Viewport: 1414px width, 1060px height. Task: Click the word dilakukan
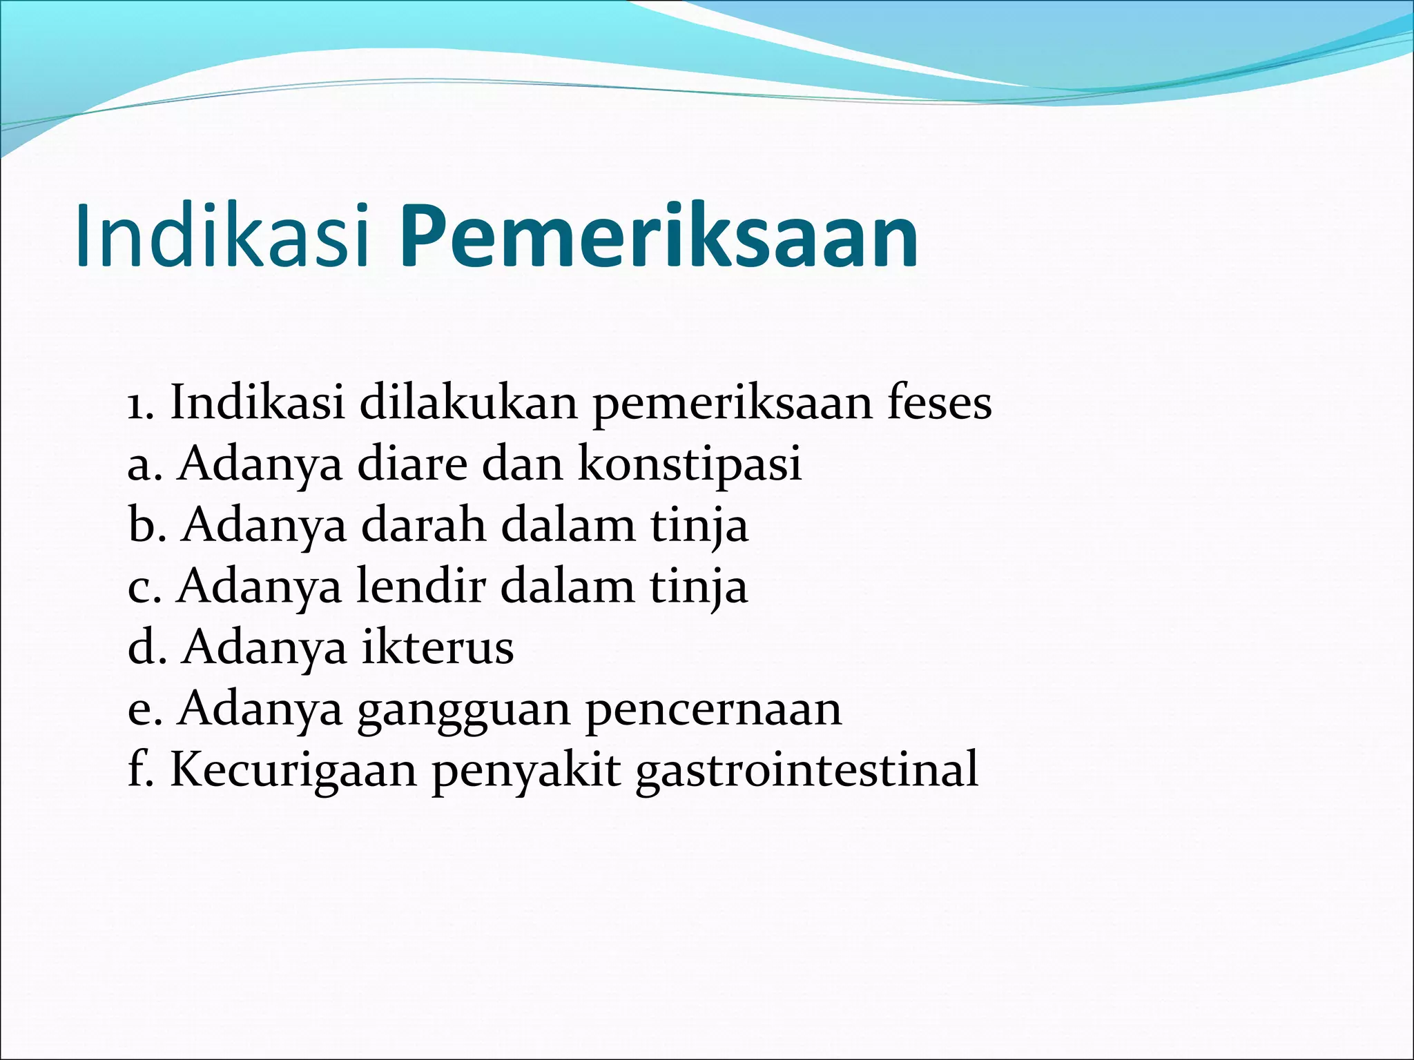click(468, 403)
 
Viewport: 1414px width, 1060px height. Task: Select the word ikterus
click(438, 647)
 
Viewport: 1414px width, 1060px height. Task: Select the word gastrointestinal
click(806, 770)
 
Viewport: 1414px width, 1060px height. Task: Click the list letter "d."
click(147, 647)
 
